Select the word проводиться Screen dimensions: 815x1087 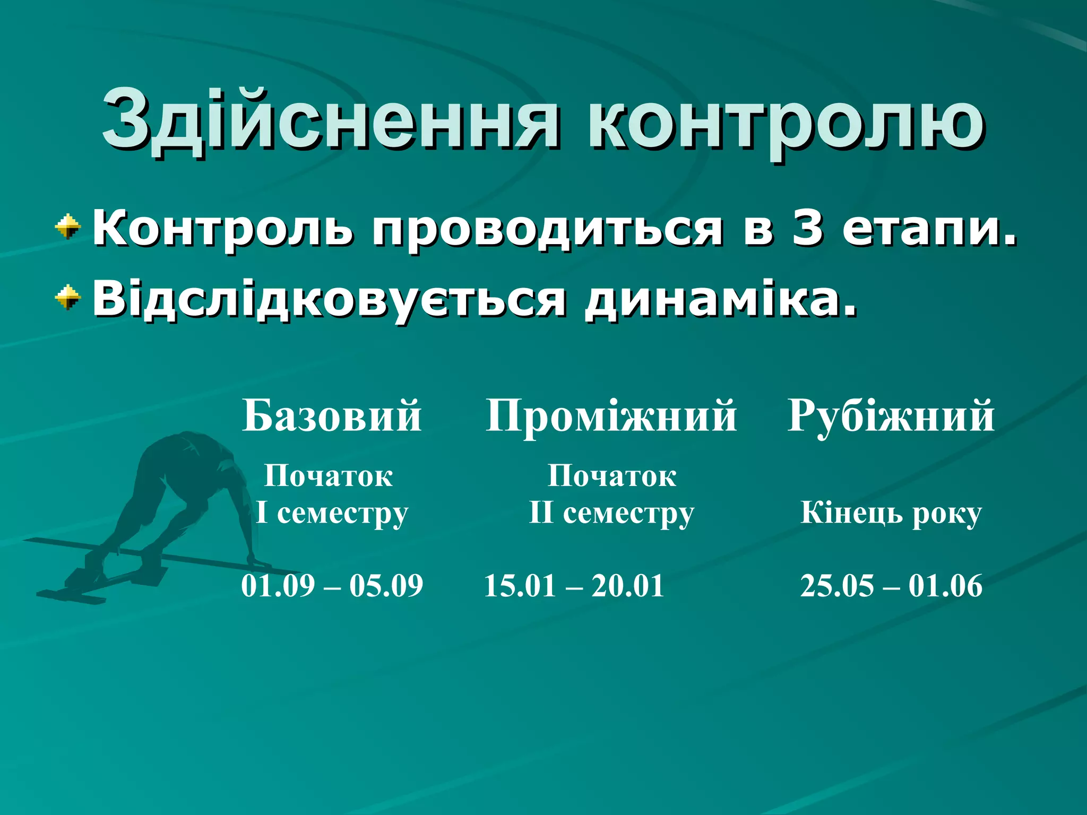547,230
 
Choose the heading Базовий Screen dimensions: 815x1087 332,416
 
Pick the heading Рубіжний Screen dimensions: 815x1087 891,416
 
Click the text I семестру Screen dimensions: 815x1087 332,514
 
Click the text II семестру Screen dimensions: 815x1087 611,514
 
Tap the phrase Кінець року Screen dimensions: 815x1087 891,514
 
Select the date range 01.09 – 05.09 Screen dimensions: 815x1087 332,586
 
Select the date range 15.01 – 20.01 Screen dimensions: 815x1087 574,586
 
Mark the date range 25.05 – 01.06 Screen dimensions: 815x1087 891,586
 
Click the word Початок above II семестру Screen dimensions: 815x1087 611,475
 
